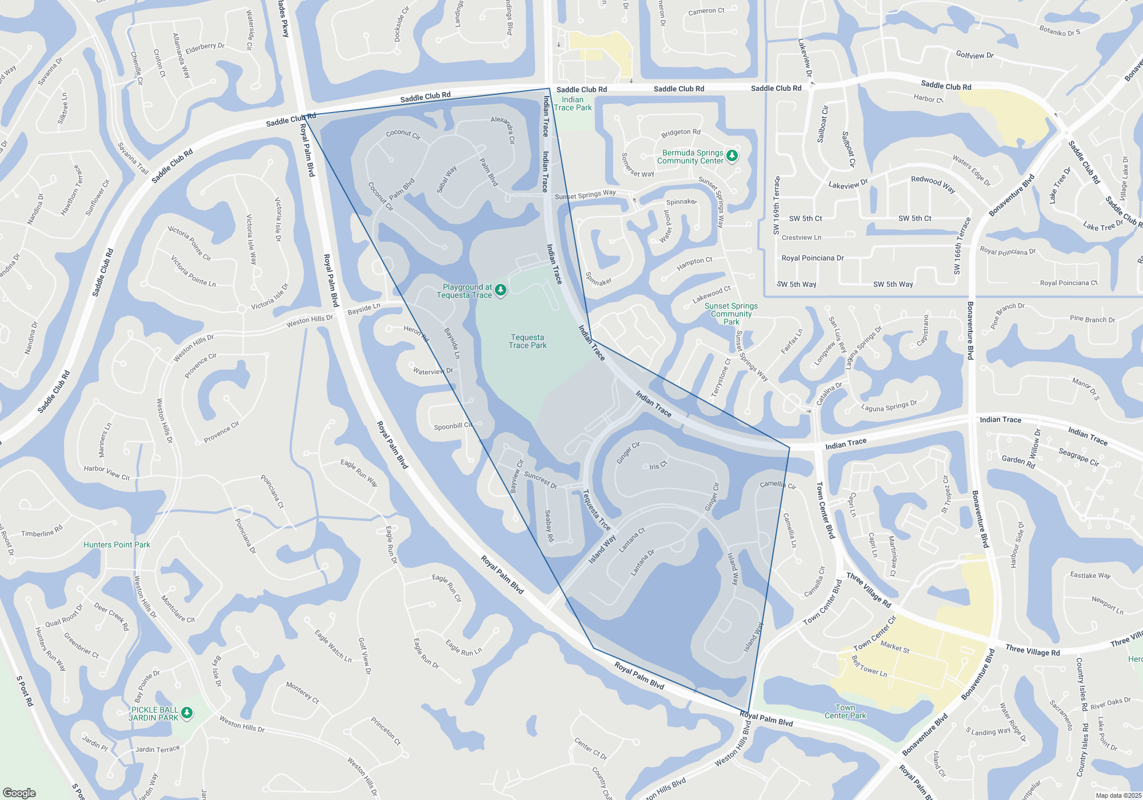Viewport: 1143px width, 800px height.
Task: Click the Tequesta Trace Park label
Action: pyautogui.click(x=527, y=342)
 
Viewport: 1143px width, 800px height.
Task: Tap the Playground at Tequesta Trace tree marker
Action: pyautogui.click(x=501, y=290)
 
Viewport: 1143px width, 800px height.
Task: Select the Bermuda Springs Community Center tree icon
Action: pyautogui.click(x=732, y=155)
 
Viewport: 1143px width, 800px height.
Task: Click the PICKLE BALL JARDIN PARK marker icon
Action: pyautogui.click(x=186, y=713)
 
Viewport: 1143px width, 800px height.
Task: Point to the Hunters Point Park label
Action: pyautogui.click(x=117, y=545)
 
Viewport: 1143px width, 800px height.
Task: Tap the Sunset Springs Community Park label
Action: pyautogui.click(x=731, y=314)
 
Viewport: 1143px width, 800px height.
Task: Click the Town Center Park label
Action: pyautogui.click(x=845, y=711)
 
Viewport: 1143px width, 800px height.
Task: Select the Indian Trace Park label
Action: pyautogui.click(x=573, y=103)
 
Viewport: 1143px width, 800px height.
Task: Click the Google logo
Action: pyautogui.click(x=19, y=793)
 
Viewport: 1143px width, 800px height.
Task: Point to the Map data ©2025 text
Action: pyautogui.click(x=1118, y=795)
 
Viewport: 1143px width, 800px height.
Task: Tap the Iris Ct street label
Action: pyautogui.click(x=658, y=466)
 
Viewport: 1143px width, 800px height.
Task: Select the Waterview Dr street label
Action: pyautogui.click(x=433, y=371)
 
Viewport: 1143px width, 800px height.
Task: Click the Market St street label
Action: pyautogui.click(x=895, y=647)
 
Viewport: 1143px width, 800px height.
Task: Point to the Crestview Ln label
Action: pyautogui.click(x=801, y=238)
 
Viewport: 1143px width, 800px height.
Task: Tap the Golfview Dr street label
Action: pyautogui.click(x=974, y=55)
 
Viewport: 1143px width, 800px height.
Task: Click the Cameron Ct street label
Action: pyautogui.click(x=706, y=11)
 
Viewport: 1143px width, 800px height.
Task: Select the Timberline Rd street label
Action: pyautogui.click(x=42, y=533)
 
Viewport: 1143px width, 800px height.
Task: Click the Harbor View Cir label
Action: pyautogui.click(x=107, y=473)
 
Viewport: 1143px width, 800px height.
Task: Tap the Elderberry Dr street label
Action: pyautogui.click(x=205, y=47)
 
